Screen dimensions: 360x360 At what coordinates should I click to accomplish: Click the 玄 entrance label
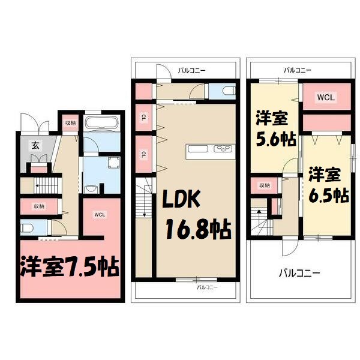pos(35,145)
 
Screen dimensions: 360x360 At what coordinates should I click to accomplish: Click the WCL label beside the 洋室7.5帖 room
pos(100,213)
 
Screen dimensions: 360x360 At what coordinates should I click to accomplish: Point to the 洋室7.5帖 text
pos(70,266)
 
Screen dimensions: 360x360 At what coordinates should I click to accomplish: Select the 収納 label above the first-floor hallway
pos(70,123)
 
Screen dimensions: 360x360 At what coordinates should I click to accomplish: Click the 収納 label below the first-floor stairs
pos(39,206)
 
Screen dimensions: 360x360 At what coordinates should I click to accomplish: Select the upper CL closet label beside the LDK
pos(144,116)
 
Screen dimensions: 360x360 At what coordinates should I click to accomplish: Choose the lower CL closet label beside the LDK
pos(144,154)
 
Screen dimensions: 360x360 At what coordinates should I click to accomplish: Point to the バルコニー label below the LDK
pos(207,287)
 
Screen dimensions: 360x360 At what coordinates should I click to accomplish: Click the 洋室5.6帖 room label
pos(276,128)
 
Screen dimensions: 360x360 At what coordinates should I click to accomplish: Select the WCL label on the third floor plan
pos(326,97)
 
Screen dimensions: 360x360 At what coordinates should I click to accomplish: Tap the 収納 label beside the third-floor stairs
pos(265,185)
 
